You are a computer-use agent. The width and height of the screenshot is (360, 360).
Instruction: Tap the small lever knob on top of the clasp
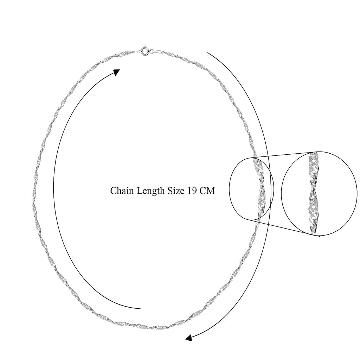coord(145,46)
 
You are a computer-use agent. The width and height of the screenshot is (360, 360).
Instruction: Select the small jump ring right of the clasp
coord(151,52)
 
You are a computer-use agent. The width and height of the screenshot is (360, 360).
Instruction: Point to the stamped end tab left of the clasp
coord(138,51)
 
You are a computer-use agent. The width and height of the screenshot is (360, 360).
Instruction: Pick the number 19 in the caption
coord(192,191)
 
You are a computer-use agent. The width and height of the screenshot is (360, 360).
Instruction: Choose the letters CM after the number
coord(207,191)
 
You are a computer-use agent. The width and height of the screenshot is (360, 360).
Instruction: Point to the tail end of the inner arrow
coord(140,308)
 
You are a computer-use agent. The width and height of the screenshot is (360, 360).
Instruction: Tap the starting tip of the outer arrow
coord(206,53)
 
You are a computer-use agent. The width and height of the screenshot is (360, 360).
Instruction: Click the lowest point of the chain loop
coord(149,328)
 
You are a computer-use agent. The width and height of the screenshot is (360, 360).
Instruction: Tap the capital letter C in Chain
coord(113,191)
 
